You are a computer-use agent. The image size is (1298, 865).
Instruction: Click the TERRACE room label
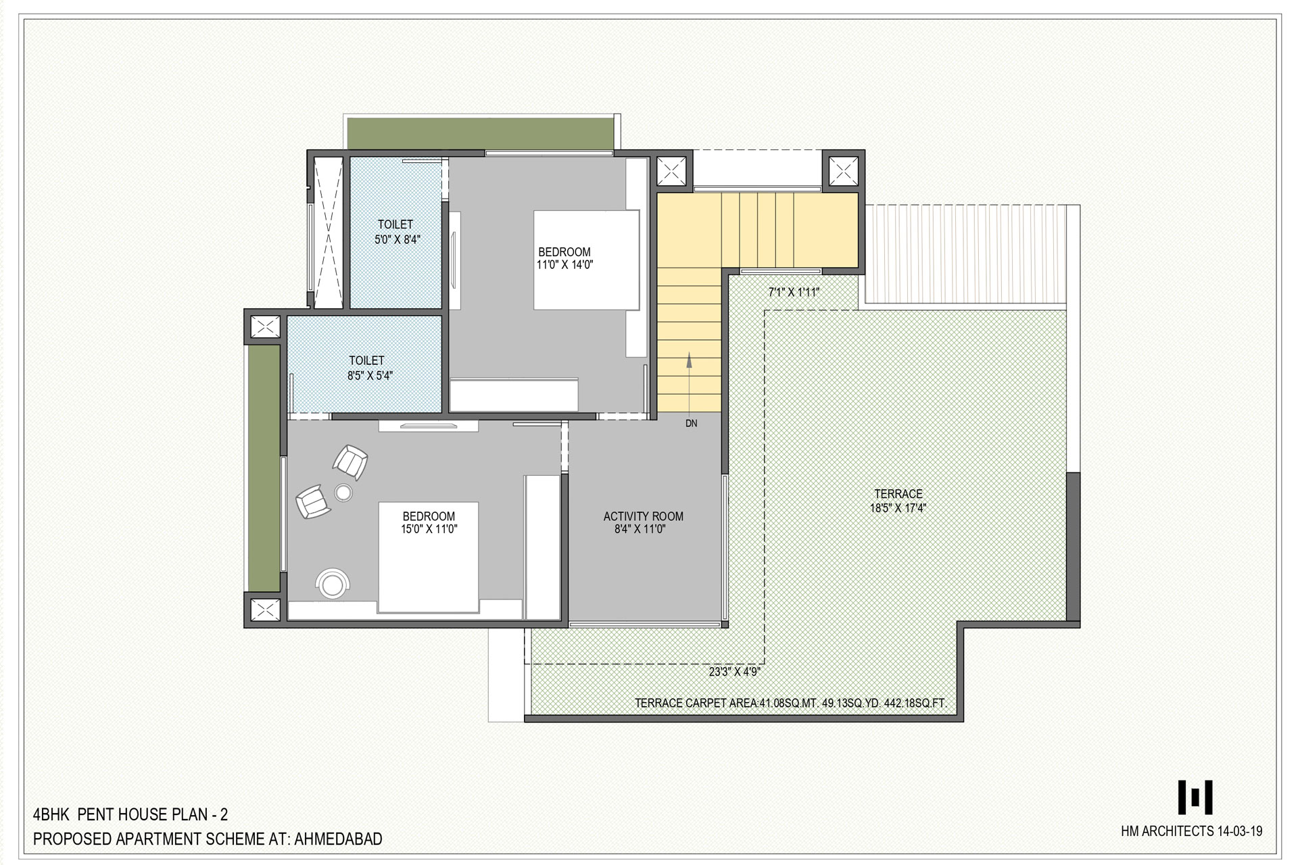coord(898,494)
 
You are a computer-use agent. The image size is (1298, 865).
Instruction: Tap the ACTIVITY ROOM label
coord(643,516)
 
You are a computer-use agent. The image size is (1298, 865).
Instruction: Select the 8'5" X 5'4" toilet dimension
coord(370,376)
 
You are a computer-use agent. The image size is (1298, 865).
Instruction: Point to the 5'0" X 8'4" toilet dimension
coord(398,239)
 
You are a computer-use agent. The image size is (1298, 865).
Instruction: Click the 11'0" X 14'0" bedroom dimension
coord(564,265)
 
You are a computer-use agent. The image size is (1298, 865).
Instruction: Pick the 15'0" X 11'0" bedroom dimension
coord(429,529)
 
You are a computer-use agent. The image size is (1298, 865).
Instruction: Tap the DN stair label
coord(691,424)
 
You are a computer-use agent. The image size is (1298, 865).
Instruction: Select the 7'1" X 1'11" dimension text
coord(794,293)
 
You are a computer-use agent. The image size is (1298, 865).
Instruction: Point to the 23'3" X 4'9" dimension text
coord(735,672)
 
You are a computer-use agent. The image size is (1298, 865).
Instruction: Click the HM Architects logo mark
coord(1195,797)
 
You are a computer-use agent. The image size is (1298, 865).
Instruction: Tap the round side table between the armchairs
coord(343,493)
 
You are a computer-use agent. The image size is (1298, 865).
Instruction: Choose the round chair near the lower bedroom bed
coord(333,583)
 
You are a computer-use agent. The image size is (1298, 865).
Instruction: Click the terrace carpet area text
coord(790,703)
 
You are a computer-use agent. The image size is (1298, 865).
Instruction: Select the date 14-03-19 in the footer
coord(1239,831)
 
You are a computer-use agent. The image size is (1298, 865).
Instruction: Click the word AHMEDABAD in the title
coord(338,839)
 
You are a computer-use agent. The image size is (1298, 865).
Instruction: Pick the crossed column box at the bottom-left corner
coord(265,610)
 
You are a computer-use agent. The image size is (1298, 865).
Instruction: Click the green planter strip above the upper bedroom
coord(481,133)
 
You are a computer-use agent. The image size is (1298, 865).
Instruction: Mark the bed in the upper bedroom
coord(586,260)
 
